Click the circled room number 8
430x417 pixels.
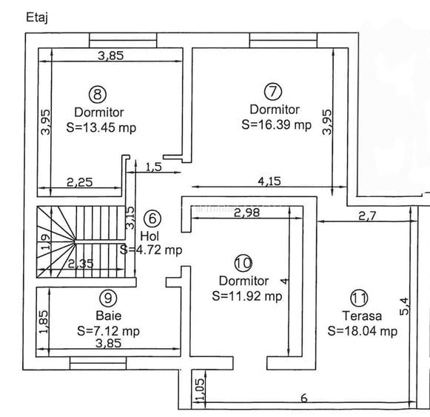[98, 93]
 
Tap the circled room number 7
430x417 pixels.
[273, 91]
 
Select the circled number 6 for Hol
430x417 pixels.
[151, 218]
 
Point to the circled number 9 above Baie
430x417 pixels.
[108, 298]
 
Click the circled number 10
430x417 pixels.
[242, 263]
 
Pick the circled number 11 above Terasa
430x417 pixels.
[359, 298]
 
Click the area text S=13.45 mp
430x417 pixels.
[101, 127]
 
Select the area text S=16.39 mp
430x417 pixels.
[276, 125]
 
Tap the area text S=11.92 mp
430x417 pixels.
[247, 296]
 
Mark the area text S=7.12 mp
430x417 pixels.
[107, 330]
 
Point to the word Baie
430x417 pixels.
[108, 315]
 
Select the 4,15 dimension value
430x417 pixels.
[269, 179]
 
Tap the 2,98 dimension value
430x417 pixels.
[246, 214]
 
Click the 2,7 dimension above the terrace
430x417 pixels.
[369, 216]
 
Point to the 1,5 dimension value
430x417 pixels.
[153, 167]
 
